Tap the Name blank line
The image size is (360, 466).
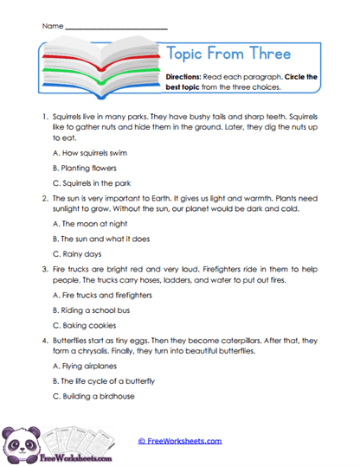[116, 26]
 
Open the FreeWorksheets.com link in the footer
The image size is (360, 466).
[180, 440]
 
